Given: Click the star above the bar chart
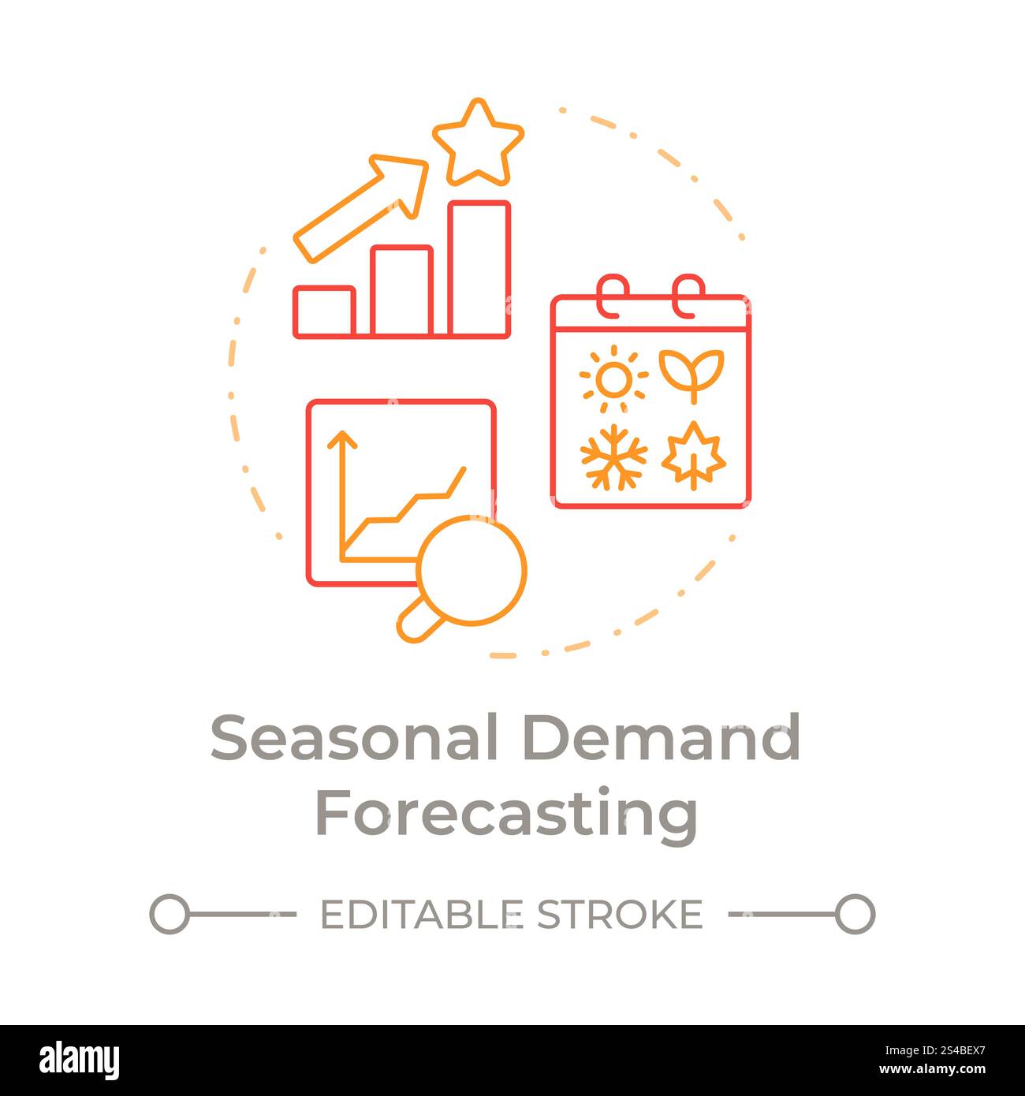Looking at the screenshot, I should coord(477,145).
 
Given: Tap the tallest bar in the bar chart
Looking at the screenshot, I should coord(479,269).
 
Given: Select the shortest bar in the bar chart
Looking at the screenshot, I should coord(323,311).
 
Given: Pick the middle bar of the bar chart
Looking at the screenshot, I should coord(401,291).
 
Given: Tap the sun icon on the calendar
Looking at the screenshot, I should coord(613,379).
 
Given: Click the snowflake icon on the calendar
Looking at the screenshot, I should coord(613,457).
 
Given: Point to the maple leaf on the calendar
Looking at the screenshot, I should coord(693,455).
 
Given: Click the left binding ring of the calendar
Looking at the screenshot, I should coord(612,296).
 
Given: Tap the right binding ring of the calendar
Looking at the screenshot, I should coord(688,296).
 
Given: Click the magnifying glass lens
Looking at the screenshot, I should coord(471,569).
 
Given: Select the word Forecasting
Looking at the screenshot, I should coord(506,815).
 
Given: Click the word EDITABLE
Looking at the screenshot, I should coord(421,915).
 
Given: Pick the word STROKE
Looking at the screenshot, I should coord(619,915).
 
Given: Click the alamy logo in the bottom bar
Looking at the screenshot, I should coord(79,1060).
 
